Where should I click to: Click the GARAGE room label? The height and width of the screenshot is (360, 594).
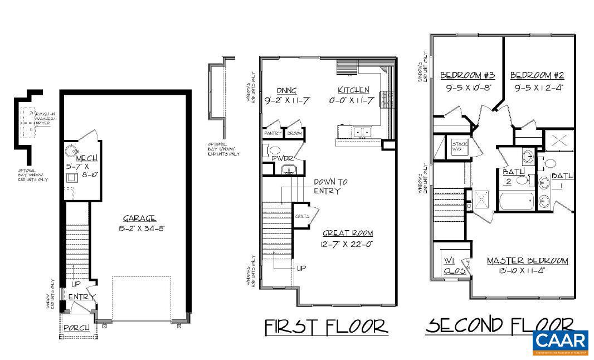point(140,218)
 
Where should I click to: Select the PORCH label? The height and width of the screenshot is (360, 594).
point(76,328)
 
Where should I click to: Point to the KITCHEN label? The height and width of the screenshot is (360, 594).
point(353,90)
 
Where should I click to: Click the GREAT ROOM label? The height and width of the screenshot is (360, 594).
point(347,233)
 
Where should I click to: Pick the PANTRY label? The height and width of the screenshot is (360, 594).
point(273,134)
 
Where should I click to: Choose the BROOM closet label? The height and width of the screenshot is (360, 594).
point(294,134)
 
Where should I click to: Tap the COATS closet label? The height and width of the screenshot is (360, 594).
point(302,216)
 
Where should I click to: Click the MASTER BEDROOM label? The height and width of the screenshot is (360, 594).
point(527,261)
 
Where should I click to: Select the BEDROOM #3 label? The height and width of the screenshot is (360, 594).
point(468,75)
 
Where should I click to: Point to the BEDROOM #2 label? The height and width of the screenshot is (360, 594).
point(537,75)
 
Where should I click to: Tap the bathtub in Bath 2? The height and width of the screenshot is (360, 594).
point(516,200)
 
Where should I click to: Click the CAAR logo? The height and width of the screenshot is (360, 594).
point(560,342)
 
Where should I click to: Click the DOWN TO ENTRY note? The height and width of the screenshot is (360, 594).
point(330,186)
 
